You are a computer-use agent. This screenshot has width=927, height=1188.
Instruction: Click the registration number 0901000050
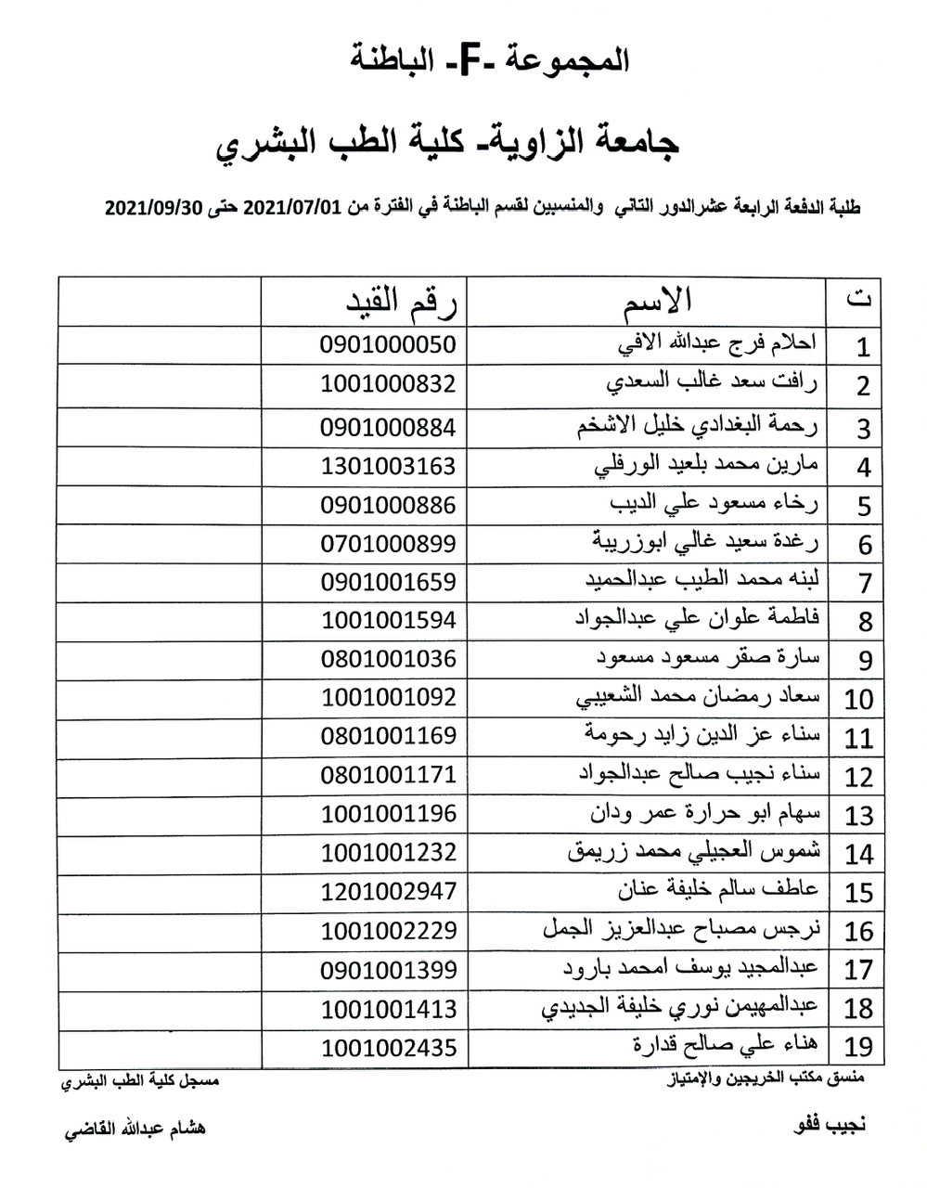(x=388, y=344)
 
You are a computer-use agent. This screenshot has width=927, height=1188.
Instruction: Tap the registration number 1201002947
(x=388, y=891)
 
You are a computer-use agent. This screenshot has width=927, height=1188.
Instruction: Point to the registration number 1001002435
(x=388, y=1047)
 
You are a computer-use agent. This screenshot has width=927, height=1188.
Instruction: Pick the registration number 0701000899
(x=388, y=543)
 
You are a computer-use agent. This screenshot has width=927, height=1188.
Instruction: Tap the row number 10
(x=858, y=699)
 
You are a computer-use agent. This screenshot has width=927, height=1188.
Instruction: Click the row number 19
(x=859, y=1047)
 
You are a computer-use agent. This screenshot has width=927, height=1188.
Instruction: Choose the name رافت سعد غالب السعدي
(x=712, y=382)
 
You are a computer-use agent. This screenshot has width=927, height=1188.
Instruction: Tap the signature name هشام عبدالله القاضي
(x=134, y=1129)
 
